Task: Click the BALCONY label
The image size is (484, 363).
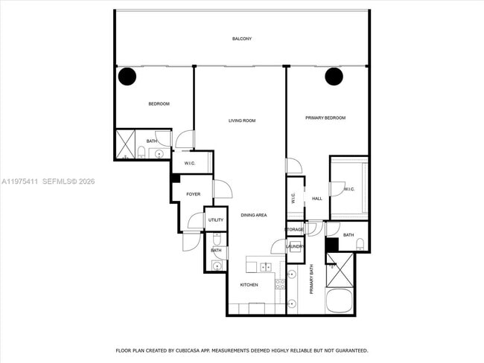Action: pos(241,39)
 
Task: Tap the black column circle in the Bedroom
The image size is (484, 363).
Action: pos(127,76)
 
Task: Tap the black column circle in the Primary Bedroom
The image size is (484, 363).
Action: pos(334,76)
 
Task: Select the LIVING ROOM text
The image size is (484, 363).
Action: pos(242,121)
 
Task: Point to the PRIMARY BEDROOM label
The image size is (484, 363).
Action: pos(325,118)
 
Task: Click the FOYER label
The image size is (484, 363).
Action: pos(193,194)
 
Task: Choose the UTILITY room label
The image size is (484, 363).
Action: pos(215,219)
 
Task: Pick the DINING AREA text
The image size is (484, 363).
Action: pos(253,215)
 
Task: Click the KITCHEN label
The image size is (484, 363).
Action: pos(249,285)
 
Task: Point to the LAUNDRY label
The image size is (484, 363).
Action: pos(295,246)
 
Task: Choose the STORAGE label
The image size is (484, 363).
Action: pos(294,229)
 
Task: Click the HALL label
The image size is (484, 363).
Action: pos(316,199)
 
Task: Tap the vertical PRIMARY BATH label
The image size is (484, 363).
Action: pos(311,286)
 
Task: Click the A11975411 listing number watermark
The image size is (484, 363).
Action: pos(22,181)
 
